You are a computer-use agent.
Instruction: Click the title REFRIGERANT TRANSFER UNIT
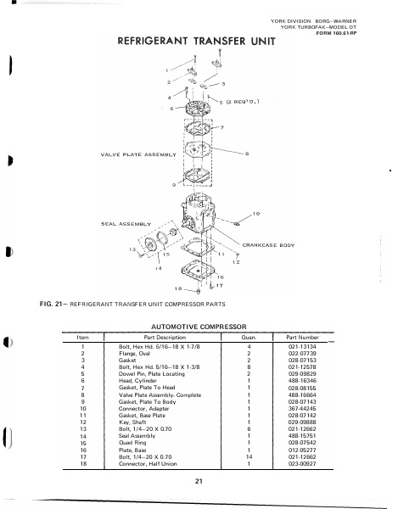point(191,43)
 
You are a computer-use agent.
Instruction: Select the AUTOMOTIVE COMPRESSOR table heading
point(198,325)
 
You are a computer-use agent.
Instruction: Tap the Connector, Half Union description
point(150,464)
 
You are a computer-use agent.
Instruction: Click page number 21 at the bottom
point(197,483)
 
